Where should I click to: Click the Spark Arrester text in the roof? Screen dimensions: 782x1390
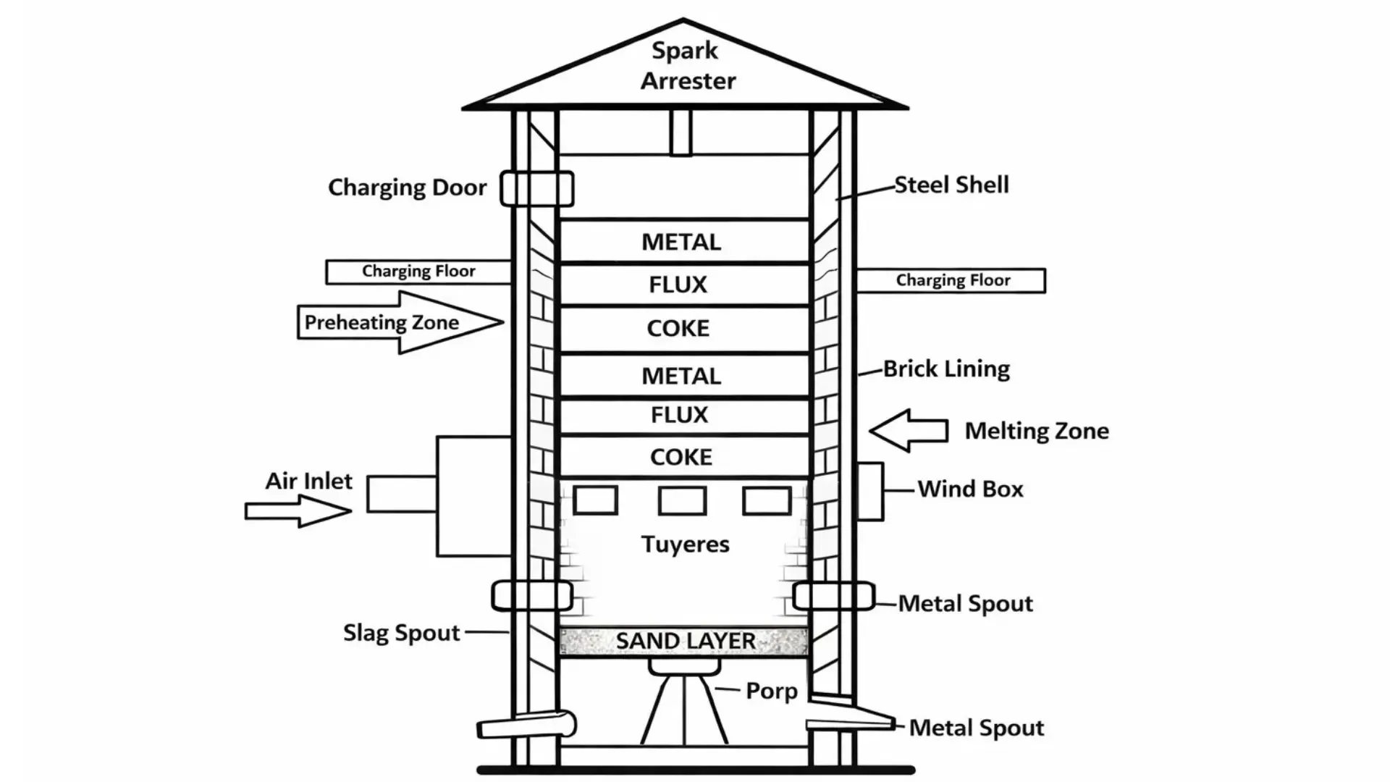point(686,65)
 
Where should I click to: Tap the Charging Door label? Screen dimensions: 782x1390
point(407,188)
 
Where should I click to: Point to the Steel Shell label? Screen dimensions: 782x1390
point(951,185)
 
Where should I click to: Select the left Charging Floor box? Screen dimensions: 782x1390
point(418,272)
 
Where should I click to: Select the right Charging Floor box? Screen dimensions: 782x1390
point(951,280)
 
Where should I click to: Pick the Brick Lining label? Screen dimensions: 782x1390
point(946,369)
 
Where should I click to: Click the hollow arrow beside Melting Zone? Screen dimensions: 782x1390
point(909,430)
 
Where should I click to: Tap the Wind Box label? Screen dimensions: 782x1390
point(970,489)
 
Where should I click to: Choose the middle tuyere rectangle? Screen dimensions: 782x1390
point(682,500)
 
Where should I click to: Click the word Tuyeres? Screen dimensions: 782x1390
point(685,544)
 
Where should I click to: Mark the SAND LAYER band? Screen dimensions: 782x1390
point(684,642)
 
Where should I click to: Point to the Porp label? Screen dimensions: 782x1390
point(772,691)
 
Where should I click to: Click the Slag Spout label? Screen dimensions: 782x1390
point(401,633)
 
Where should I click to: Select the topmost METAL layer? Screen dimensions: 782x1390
point(682,242)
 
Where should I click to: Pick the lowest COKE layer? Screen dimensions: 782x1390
point(682,457)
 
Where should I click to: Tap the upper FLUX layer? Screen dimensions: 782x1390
point(678,285)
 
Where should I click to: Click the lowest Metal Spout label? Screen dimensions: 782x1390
point(976,728)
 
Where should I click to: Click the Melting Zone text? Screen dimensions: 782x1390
point(1037,431)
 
